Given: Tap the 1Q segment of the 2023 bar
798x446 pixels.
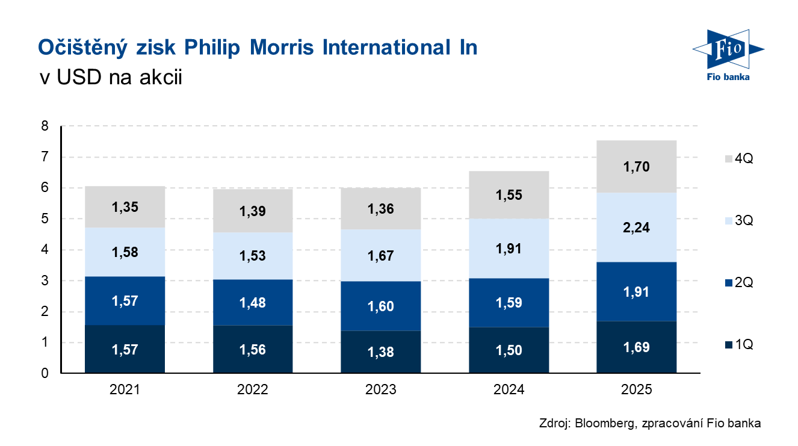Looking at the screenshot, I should coord(380,352).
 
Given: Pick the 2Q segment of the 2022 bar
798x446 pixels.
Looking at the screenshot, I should coord(253,302).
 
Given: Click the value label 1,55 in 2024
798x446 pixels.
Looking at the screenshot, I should coord(509,195).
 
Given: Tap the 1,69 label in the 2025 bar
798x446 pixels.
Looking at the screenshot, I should coord(637,347).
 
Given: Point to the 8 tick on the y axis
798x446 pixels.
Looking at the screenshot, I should coord(45,126).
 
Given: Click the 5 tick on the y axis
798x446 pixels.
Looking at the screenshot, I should coord(45,219).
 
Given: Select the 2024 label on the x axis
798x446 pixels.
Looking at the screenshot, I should coord(509,390).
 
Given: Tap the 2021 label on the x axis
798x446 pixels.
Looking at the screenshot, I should coord(125,390).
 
